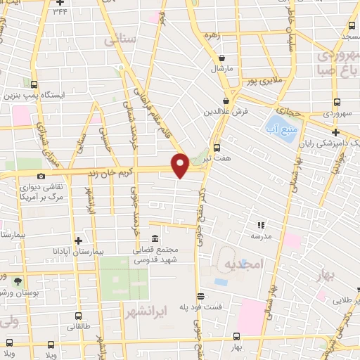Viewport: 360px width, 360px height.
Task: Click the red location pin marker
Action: (x=180, y=165)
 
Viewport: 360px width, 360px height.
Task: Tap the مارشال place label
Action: (x=222, y=70)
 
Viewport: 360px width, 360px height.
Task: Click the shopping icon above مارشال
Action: (x=222, y=58)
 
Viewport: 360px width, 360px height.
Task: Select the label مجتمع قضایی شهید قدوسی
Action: (x=155, y=254)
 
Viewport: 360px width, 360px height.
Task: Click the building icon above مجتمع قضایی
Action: (x=155, y=238)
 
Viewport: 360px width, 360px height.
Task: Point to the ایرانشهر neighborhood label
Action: (x=146, y=310)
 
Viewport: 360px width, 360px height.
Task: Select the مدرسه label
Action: (x=272, y=237)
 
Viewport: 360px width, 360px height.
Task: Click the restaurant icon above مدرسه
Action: (x=260, y=225)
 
